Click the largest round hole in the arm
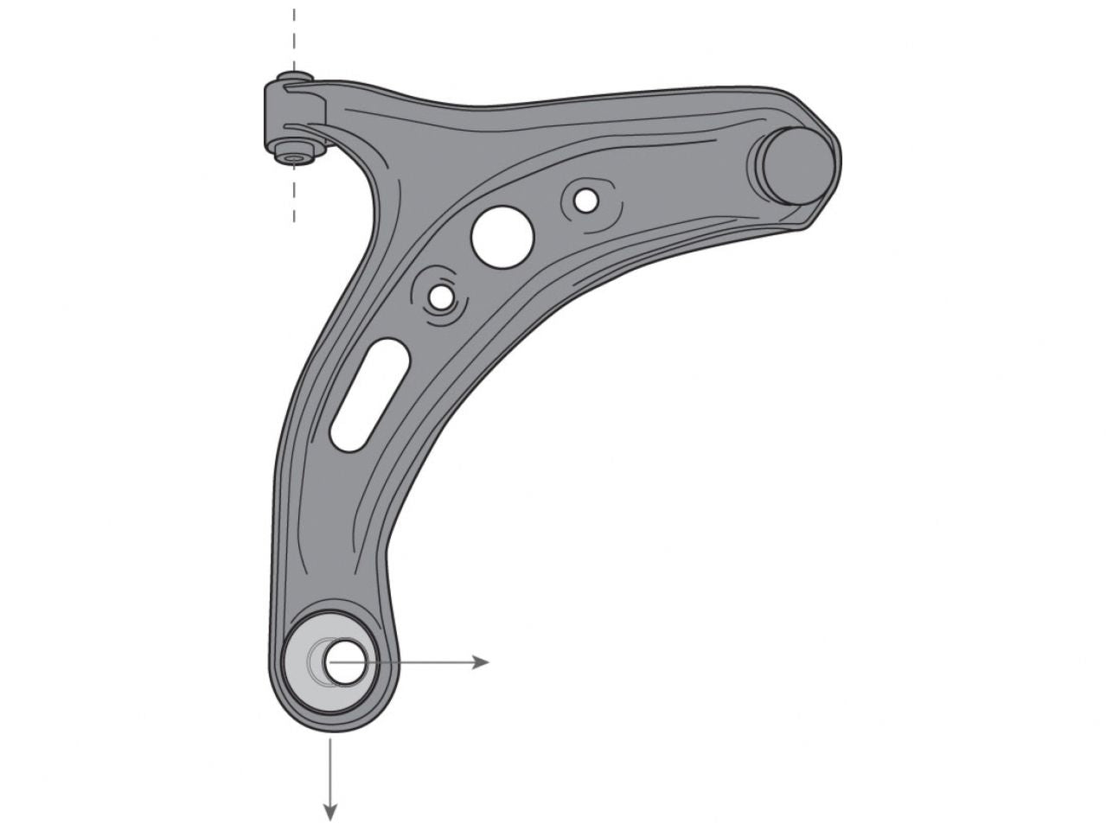coord(502,236)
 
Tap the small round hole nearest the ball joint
coord(585,201)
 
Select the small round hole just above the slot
coord(441,297)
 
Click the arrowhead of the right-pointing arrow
coord(481,662)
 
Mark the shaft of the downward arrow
coord(329,769)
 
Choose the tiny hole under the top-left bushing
coord(294,158)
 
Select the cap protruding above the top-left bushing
coord(294,79)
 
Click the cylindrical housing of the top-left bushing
coord(290,112)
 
